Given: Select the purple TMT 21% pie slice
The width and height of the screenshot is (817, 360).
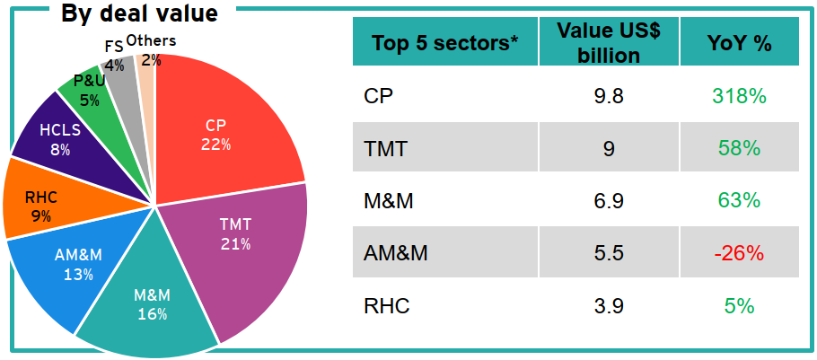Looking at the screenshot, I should coord(242,242).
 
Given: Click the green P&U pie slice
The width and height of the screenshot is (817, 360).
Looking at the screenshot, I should coord(90,90).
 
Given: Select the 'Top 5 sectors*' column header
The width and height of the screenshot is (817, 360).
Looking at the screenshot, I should coord(445,43).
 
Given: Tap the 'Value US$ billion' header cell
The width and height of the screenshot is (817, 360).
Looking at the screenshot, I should coord(609,42).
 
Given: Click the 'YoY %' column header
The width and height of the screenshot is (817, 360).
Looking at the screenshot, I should coord(739,43).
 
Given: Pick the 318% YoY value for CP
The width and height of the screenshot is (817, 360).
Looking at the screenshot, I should coord(739,96).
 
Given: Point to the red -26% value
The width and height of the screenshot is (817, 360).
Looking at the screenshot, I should coord(739,253).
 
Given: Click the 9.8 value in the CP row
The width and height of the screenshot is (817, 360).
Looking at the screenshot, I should coord(609,96).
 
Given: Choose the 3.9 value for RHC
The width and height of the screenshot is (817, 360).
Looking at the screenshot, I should coord(609,306).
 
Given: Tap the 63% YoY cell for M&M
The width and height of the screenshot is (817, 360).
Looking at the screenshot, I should coord(739,201).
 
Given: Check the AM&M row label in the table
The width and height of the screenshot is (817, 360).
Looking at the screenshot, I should coord(396,253).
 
